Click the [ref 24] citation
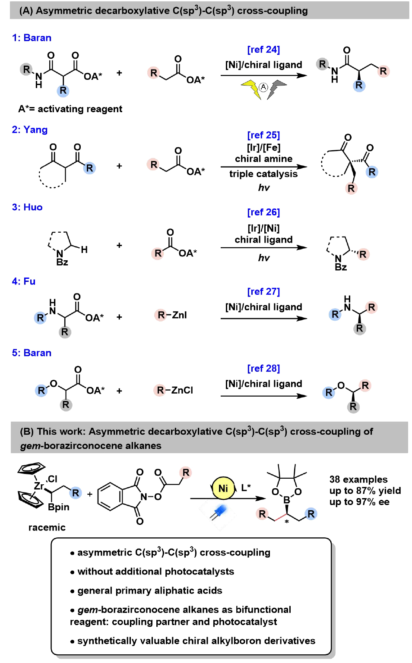263,50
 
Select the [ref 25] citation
263,135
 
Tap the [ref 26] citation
263,212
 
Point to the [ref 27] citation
263,291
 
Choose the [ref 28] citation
263,368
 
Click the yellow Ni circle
223,488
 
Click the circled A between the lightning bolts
263,87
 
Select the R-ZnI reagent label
172,315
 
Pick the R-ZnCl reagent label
174,390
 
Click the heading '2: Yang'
30,129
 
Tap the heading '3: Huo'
27,207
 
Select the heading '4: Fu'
24,281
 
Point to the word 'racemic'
47,527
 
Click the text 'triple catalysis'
263,174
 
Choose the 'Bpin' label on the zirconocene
59,507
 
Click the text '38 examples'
358,479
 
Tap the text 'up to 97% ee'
359,502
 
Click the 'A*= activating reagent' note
70,109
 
